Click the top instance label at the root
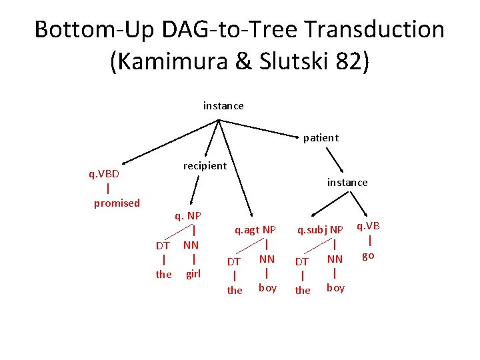223,106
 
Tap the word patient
321,138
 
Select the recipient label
205,165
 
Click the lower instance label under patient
347,182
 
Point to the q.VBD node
104,174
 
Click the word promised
117,203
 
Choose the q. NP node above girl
187,215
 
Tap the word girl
193,273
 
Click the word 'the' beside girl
163,274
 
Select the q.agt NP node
255,230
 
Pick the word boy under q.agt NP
267,288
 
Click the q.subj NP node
320,230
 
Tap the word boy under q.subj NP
335,288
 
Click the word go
368,255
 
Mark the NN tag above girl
191,245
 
